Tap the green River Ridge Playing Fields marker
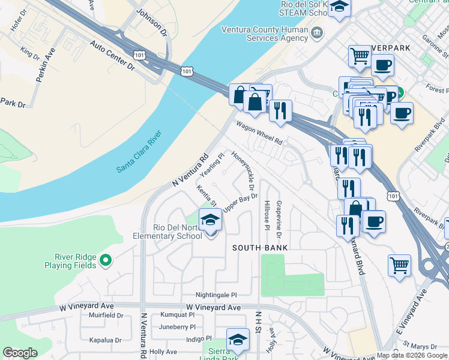tap(106, 260)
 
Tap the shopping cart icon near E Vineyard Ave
tap(399, 265)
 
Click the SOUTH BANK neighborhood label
tap(261, 248)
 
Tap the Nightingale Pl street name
tap(217, 295)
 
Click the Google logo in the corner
tap(20, 353)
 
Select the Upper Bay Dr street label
tap(240, 202)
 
